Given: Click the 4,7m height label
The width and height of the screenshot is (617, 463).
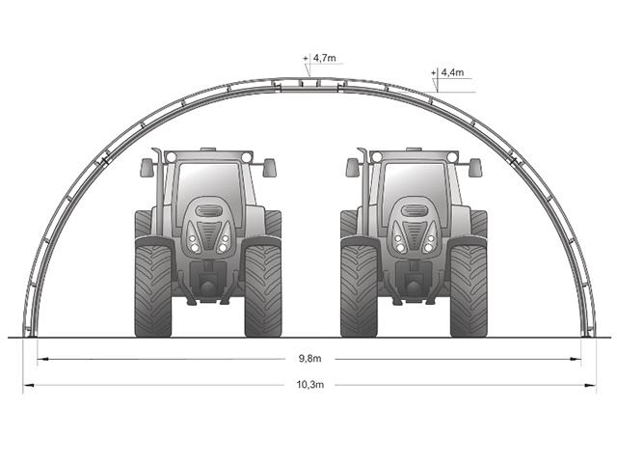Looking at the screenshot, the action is pos(325,58).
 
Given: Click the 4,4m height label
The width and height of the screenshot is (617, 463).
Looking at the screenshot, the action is pos(452,72).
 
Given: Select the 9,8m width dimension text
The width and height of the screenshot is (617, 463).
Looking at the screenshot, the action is pos(310,359).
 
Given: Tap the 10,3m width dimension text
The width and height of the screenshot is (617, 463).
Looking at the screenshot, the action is pos(310,385).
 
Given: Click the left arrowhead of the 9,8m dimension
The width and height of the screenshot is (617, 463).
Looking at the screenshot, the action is pos(42,359).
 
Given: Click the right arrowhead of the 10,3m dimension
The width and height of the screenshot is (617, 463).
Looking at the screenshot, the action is pos(590,385).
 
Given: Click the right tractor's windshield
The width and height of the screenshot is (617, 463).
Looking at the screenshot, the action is pos(416,189).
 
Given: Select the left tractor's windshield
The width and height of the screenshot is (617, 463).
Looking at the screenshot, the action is pos(210,189).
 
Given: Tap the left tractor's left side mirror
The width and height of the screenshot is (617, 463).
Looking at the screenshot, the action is pos(147,168).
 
